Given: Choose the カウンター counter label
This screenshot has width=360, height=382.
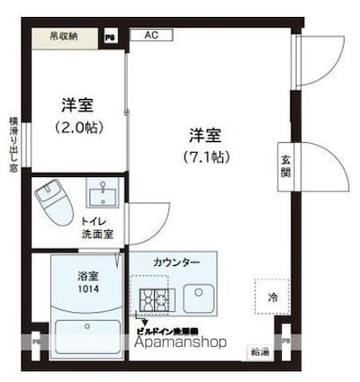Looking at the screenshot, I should click(176, 262).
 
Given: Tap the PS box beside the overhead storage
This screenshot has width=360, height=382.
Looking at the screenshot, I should click(110, 37).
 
